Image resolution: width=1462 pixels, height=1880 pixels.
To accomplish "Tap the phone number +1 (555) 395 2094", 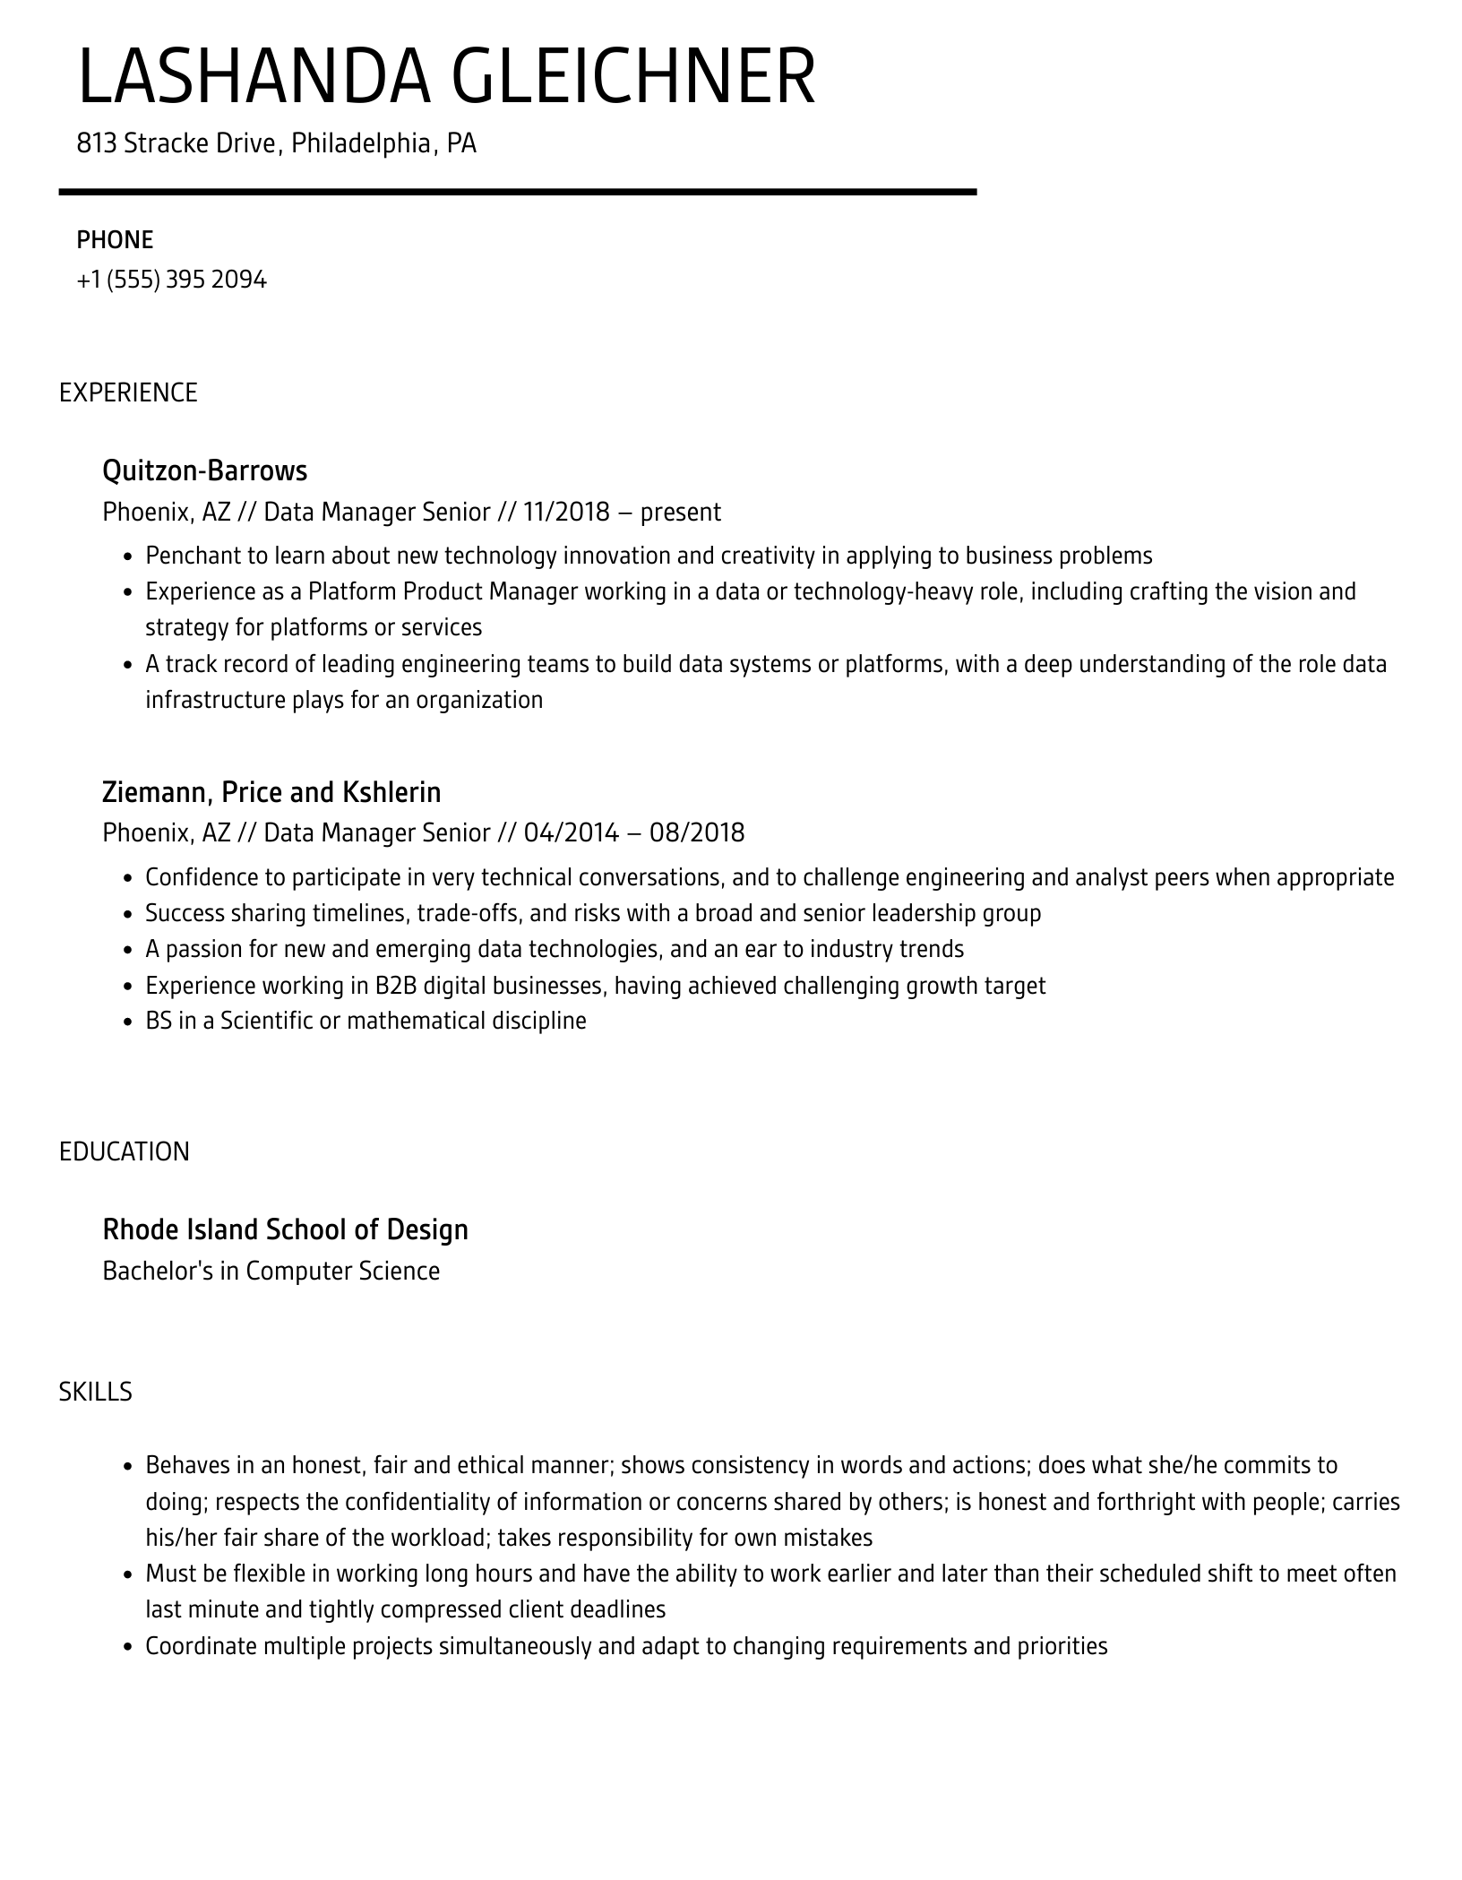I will point(171,280).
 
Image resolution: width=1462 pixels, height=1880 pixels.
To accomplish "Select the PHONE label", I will point(115,240).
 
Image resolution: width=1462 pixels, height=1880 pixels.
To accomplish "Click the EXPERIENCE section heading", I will point(128,393).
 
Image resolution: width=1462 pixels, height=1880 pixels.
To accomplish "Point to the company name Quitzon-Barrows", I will point(204,470).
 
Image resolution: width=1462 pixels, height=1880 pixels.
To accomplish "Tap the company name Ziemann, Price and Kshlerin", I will point(271,792).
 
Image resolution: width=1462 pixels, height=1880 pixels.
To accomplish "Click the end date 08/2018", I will point(697,833).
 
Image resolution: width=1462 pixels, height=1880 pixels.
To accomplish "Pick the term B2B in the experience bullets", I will point(395,986).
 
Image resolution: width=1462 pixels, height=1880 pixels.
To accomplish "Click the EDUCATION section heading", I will point(125,1151).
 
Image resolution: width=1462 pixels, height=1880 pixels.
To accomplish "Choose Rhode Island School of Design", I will point(285,1229).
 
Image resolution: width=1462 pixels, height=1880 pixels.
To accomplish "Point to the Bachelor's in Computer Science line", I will point(271,1272).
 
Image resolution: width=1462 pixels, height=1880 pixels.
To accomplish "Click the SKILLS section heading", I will point(95,1392).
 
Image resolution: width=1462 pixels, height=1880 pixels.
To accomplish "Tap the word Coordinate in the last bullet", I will point(200,1646).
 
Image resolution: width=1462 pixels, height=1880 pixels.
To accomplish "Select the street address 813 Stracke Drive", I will point(176,143).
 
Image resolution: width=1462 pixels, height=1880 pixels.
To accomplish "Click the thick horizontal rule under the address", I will point(517,192).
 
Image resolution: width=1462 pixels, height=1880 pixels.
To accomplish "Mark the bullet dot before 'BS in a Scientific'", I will point(127,1022).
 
